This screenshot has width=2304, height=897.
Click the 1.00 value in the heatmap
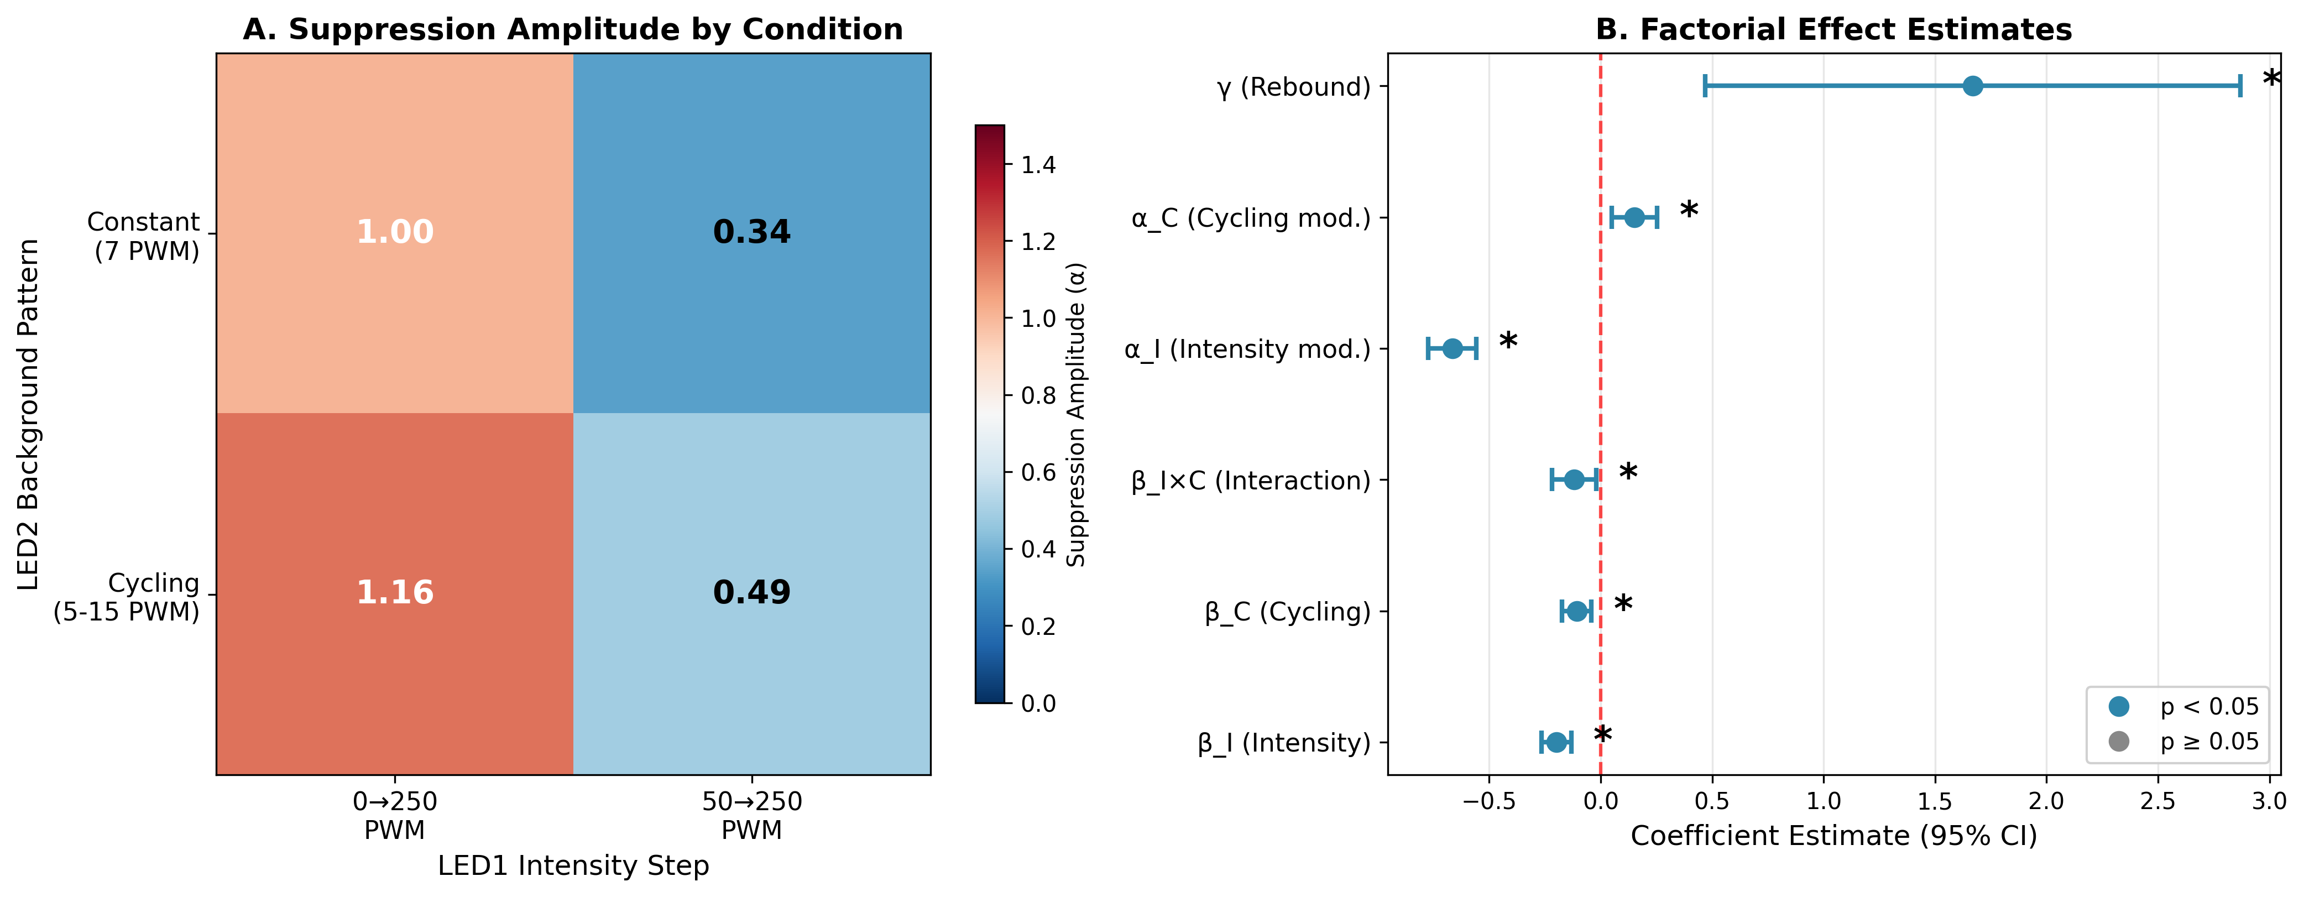click(394, 232)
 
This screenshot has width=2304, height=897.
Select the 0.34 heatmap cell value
click(751, 232)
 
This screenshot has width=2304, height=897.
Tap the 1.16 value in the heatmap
click(394, 592)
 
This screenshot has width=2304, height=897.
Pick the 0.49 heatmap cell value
click(751, 592)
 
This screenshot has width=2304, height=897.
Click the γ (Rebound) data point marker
click(1972, 86)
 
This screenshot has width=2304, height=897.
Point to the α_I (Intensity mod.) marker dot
click(1453, 349)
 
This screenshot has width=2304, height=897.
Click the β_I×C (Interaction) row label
click(1250, 481)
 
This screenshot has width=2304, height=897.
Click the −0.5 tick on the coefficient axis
click(1488, 800)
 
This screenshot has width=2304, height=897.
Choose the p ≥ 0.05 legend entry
click(2209, 742)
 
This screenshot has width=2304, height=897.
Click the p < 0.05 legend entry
click(2209, 707)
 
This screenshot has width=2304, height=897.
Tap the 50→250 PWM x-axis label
click(751, 816)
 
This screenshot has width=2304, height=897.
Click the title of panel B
click(1833, 29)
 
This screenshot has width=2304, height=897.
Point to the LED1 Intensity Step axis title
click(573, 865)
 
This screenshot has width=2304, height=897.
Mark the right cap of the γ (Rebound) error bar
click(2240, 86)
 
